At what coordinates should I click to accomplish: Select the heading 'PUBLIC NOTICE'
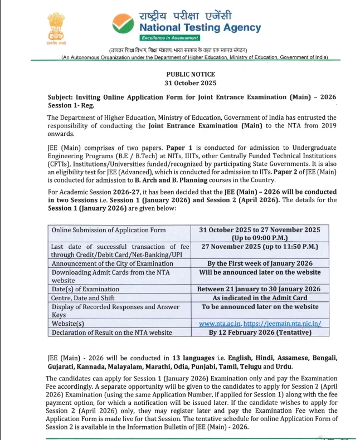point(190,74)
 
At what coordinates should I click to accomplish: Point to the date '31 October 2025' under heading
point(190,82)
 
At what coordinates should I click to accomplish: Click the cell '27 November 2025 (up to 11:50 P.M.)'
point(260,246)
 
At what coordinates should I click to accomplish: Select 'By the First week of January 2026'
point(260,263)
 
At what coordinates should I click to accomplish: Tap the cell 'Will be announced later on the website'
point(260,272)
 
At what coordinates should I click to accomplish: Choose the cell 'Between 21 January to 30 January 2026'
point(260,289)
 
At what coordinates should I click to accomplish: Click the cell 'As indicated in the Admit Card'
point(260,298)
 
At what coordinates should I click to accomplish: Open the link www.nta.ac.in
point(220,324)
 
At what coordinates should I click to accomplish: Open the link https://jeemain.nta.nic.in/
point(283,324)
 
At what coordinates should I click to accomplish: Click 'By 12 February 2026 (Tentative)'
point(260,333)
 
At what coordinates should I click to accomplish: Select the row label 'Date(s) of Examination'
point(85,289)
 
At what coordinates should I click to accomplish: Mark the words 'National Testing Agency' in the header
point(200,27)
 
